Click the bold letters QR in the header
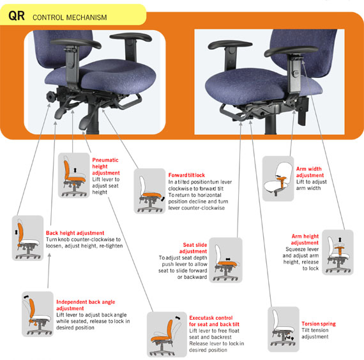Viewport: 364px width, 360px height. (17, 16)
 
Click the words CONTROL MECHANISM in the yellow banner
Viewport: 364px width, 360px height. (70, 17)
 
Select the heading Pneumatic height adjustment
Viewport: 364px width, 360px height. (106, 166)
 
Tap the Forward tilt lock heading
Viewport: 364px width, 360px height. (186, 175)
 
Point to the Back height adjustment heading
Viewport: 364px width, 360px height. (75, 233)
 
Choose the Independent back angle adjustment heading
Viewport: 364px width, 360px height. (86, 305)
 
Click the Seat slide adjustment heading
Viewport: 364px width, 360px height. (193, 248)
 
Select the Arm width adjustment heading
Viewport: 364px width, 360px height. (310, 172)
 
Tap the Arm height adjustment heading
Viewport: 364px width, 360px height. (305, 239)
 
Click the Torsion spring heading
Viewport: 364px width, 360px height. (319, 324)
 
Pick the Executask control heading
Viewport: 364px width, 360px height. (214, 321)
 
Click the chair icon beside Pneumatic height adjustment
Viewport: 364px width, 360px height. (74, 175)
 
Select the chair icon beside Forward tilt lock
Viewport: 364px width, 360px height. (149, 191)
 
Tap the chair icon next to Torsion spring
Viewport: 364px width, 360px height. (284, 329)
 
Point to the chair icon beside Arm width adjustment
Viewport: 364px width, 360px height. (278, 178)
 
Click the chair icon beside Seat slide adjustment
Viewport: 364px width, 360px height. (225, 260)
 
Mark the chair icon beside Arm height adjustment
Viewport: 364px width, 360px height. (338, 253)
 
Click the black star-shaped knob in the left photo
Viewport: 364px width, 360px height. (51, 96)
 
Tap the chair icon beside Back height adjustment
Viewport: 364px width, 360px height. (27, 238)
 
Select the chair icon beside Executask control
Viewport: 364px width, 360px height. (167, 334)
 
